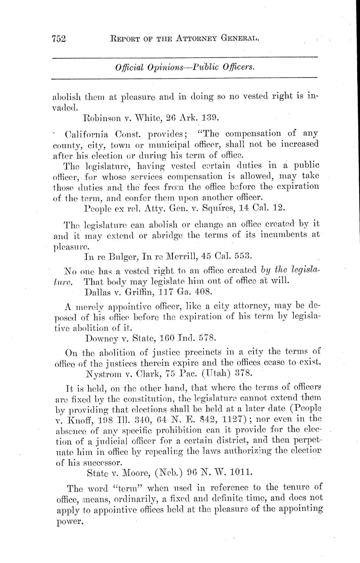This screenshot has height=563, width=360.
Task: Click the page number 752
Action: (x=60, y=39)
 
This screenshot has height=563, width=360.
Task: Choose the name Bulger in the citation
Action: (x=121, y=257)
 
